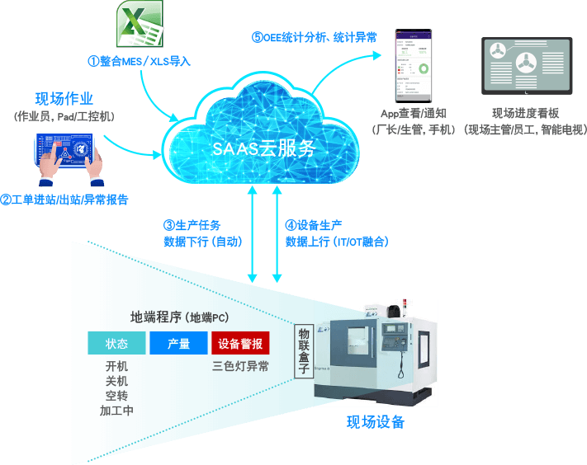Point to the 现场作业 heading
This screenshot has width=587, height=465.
pyautogui.click(x=64, y=99)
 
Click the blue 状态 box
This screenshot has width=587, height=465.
pyautogui.click(x=116, y=344)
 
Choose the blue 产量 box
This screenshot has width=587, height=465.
pyautogui.click(x=178, y=344)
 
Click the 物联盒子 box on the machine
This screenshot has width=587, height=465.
pyautogui.click(x=303, y=350)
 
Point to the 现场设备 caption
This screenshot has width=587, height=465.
pyautogui.click(x=376, y=422)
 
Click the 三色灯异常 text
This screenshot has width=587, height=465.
pyautogui.click(x=240, y=367)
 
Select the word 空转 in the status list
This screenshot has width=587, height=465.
pyautogui.click(x=116, y=396)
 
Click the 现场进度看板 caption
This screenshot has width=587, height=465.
pyautogui.click(x=525, y=114)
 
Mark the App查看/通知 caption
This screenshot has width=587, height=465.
pyautogui.click(x=412, y=114)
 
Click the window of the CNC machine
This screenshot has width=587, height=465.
pyautogui.click(x=363, y=350)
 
